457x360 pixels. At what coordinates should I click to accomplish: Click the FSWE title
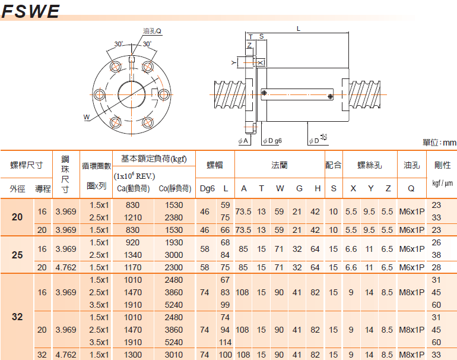click(31, 11)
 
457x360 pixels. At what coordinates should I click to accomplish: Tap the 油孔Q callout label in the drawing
click(152, 31)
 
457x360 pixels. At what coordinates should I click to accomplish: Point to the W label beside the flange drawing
click(87, 117)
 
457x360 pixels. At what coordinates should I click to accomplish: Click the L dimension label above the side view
click(299, 29)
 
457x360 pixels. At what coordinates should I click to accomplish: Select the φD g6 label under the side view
click(272, 141)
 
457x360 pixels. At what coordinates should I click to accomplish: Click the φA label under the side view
click(243, 141)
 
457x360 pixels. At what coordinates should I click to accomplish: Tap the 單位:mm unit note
click(439, 143)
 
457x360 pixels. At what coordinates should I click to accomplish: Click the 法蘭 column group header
click(280, 165)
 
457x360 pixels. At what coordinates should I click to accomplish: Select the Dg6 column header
click(207, 189)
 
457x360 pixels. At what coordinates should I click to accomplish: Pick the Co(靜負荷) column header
click(175, 189)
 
